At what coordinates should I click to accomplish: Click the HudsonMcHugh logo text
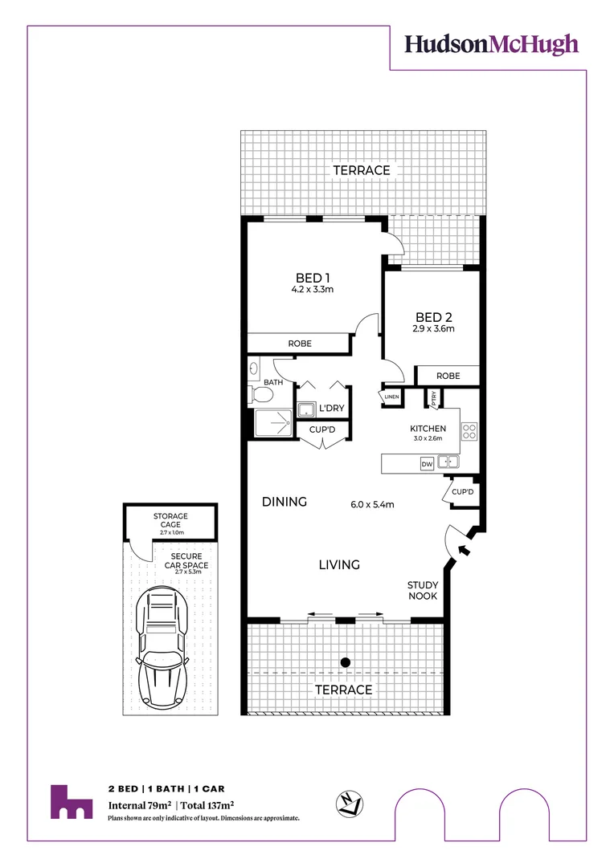491,44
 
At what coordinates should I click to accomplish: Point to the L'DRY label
331,409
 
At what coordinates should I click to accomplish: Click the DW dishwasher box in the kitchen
427,464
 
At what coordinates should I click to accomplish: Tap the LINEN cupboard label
391,397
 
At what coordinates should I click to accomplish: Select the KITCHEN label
428,429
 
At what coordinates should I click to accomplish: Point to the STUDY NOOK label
422,591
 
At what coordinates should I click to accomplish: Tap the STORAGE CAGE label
170,520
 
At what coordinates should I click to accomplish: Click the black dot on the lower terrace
345,662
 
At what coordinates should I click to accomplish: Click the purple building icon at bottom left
71,802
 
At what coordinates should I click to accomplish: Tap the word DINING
284,503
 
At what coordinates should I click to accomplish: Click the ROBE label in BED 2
448,376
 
